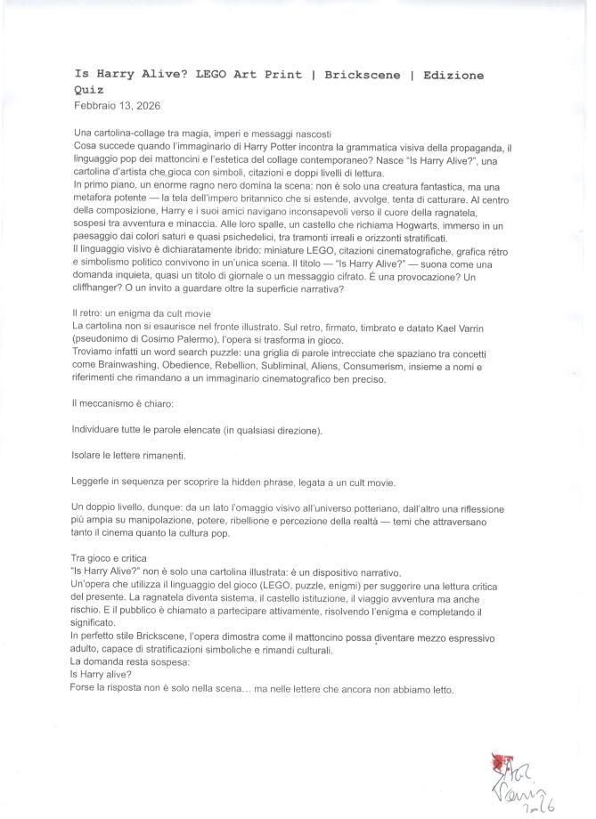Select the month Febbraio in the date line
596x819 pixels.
pos(94,104)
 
